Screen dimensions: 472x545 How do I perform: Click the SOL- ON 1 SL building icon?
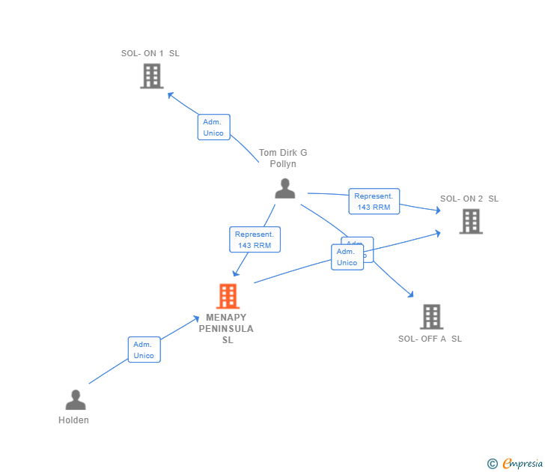click(x=151, y=76)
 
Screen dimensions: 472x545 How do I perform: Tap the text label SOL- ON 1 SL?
click(x=150, y=53)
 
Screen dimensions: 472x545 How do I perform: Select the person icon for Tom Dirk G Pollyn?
click(x=284, y=188)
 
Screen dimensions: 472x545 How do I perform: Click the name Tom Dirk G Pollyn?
click(x=283, y=158)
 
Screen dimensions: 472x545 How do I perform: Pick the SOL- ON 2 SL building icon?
click(x=470, y=221)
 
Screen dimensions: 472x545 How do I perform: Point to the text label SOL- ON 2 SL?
click(x=469, y=199)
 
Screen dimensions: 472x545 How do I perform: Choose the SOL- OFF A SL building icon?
click(x=431, y=317)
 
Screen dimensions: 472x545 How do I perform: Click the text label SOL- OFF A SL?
click(x=430, y=339)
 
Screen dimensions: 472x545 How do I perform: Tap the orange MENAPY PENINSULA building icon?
click(x=228, y=296)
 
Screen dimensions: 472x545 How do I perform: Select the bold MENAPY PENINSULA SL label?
click(x=226, y=328)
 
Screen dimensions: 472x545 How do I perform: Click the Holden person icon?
click(x=75, y=400)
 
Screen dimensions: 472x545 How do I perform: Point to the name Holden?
click(x=73, y=420)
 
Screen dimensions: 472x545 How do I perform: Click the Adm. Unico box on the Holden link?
click(x=144, y=350)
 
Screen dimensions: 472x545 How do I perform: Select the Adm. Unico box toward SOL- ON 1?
click(x=213, y=127)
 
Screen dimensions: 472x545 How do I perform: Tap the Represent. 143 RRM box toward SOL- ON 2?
click(x=374, y=202)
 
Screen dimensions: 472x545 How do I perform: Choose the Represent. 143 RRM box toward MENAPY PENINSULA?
click(x=255, y=240)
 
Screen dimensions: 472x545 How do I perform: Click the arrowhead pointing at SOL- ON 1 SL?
click(x=170, y=94)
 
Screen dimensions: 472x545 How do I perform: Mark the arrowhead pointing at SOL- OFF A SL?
click(x=410, y=294)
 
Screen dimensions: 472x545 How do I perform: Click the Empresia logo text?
click(x=523, y=464)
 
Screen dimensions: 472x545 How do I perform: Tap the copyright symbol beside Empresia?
click(x=492, y=464)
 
